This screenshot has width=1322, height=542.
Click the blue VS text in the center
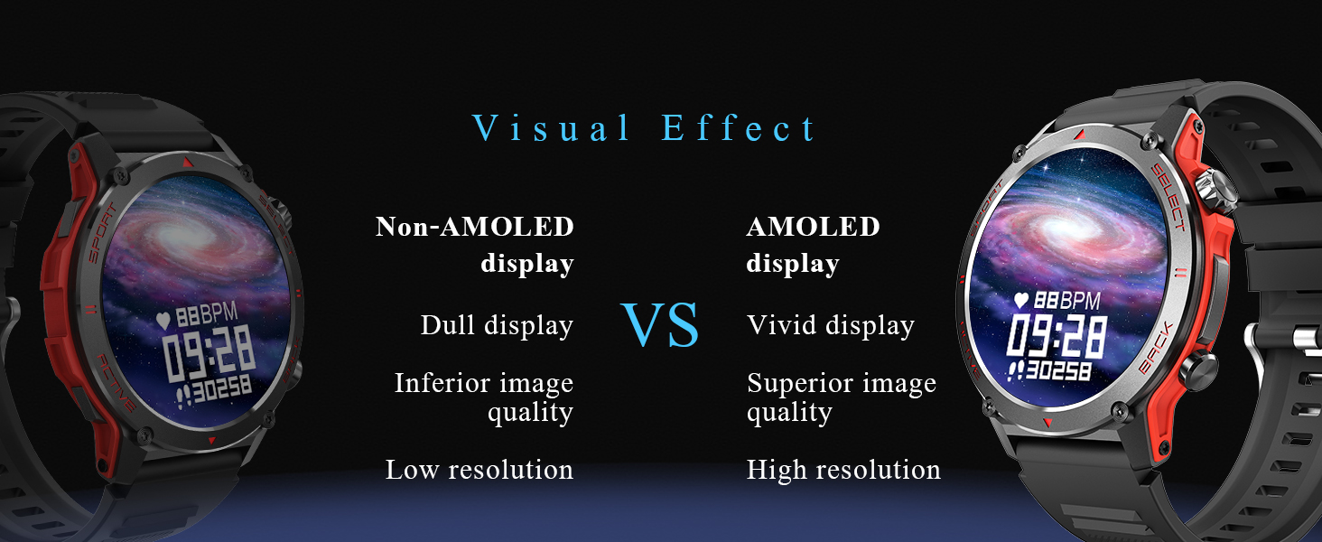pos(660,324)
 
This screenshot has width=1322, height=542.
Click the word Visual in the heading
pos(550,127)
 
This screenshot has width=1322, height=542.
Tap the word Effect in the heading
pos(739,127)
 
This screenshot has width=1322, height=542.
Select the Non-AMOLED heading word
pos(475,227)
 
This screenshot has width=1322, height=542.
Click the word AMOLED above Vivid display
pos(814,227)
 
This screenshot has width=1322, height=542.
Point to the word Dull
pos(448,324)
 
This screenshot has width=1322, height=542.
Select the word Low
pos(413,470)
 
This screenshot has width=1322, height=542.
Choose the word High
pos(777,471)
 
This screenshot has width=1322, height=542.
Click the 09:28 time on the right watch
pos(1056,337)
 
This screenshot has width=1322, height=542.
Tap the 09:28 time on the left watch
pos(209,354)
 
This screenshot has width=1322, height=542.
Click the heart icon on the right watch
pos(1021,301)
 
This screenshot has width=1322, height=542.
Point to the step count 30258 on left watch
pos(222,388)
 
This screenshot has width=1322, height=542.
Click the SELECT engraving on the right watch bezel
pos(1168,197)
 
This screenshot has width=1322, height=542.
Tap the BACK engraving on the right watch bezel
pos(1155,348)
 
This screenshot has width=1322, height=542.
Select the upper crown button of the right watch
pos(1215,190)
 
